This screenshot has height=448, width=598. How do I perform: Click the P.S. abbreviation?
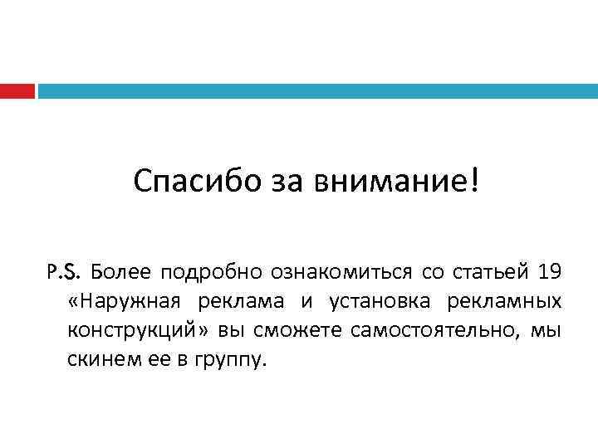pyautogui.click(x=64, y=271)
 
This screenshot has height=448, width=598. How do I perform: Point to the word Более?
pyautogui.click(x=119, y=271)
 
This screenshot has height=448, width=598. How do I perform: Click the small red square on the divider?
pyautogui.click(x=17, y=90)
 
